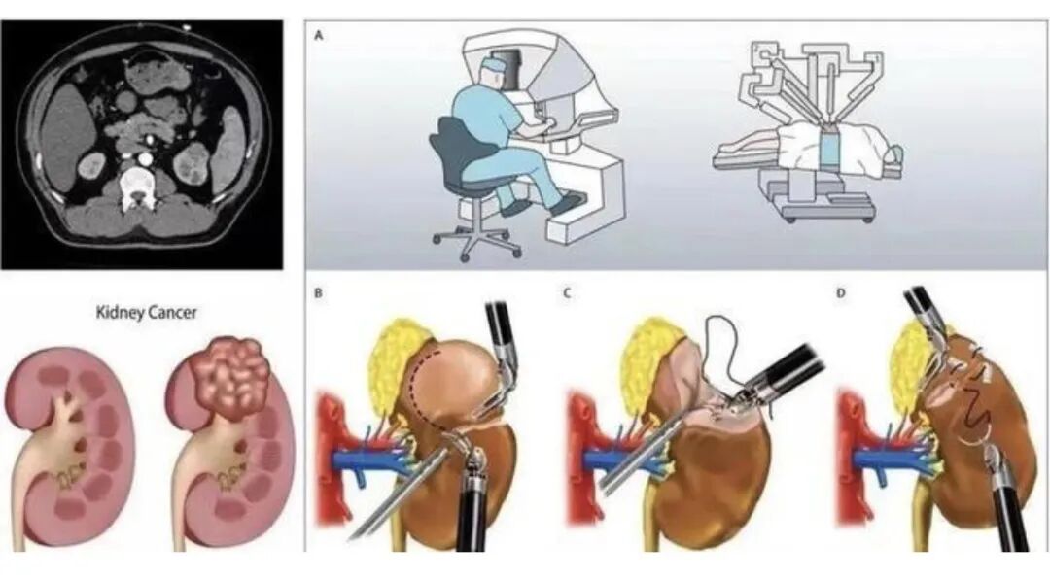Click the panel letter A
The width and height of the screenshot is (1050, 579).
(x=319, y=36)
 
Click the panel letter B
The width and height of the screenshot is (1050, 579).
(x=319, y=292)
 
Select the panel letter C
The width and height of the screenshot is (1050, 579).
(x=567, y=292)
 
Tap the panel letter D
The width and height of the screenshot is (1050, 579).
(x=841, y=292)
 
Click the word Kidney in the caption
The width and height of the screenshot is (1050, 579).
(x=120, y=313)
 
